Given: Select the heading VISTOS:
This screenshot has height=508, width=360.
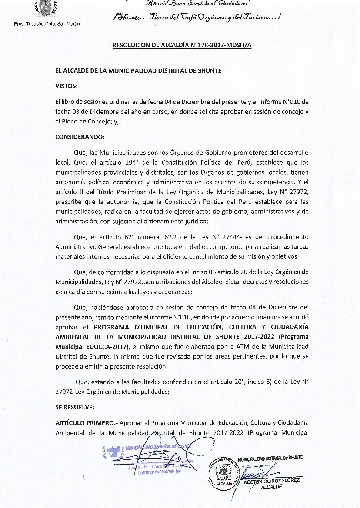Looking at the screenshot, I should point(66,86).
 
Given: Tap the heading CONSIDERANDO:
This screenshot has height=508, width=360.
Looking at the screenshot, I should point(80,137).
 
